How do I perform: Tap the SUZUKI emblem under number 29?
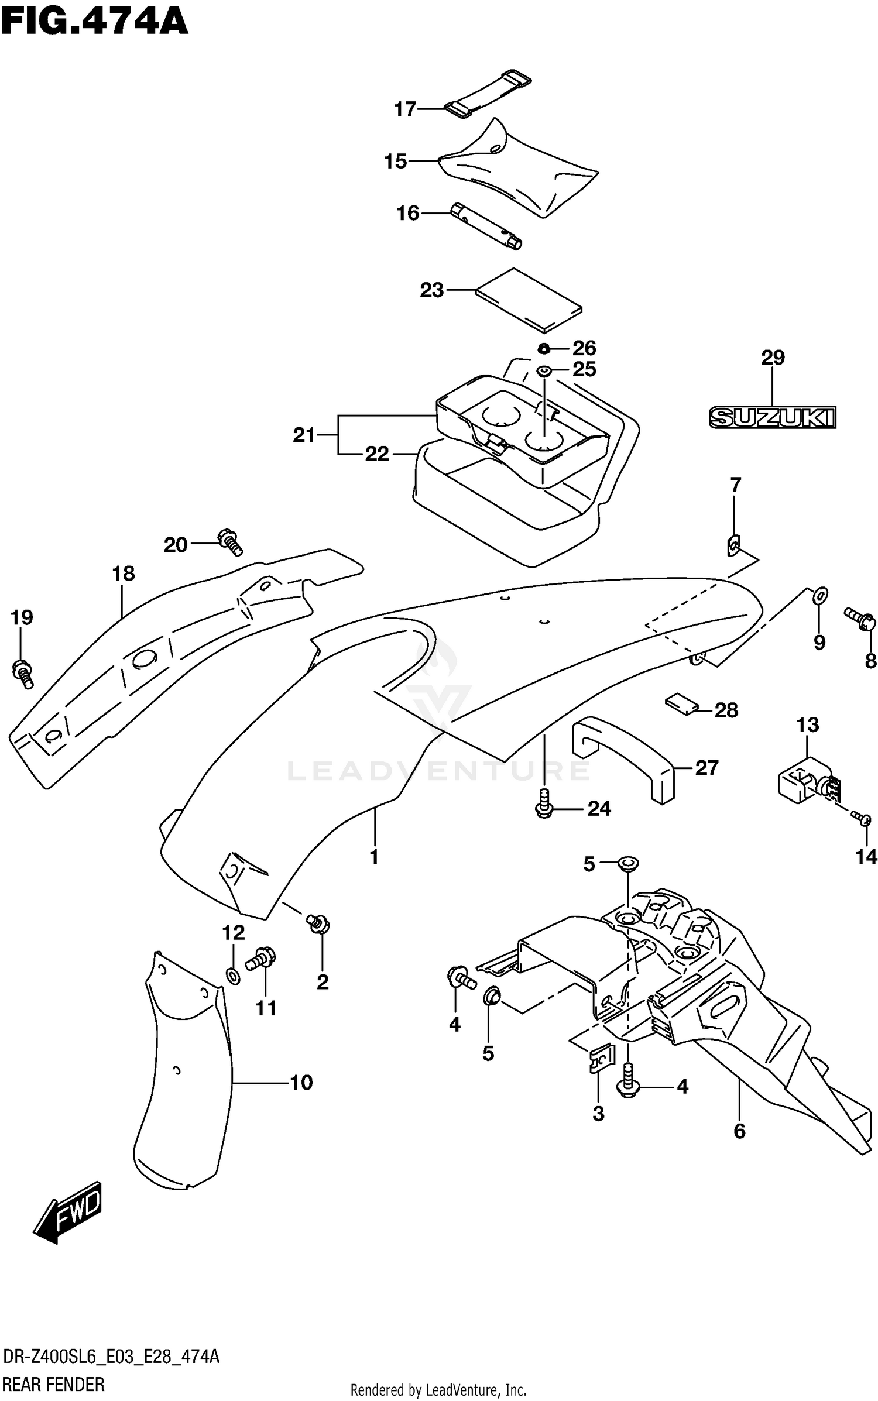coord(772,417)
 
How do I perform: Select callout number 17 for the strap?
coord(405,109)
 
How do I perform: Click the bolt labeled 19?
coord(22,674)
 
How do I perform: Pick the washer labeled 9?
coord(820,595)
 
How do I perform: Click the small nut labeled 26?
coord(544,349)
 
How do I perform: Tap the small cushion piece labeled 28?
coord(682,703)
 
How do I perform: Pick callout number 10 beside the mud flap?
coord(301,1083)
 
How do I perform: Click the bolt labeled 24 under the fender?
coord(544,802)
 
